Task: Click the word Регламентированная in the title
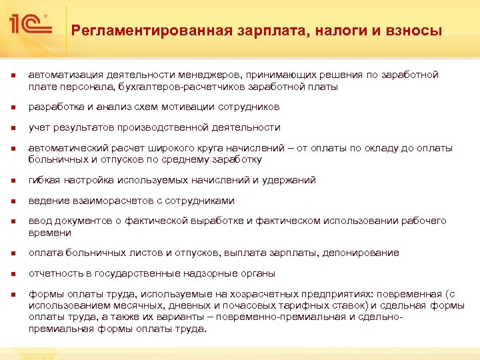click(x=151, y=30)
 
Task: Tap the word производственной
click(x=165, y=127)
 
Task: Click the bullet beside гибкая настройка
click(x=11, y=181)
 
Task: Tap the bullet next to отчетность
click(x=11, y=274)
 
